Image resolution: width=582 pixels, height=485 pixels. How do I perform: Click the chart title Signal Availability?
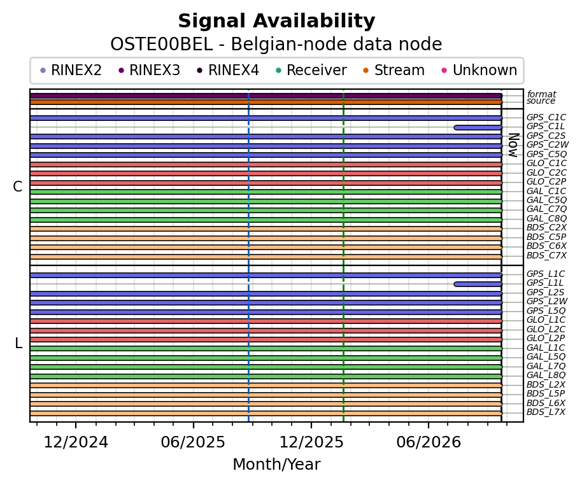click(276, 21)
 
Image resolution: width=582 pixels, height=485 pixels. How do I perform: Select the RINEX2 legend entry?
click(71, 70)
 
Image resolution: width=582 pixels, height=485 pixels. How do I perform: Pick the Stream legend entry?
click(394, 70)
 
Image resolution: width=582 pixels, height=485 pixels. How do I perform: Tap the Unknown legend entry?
click(479, 70)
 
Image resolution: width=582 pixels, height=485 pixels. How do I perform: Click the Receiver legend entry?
click(311, 70)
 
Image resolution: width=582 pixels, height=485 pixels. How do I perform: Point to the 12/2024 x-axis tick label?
click(76, 442)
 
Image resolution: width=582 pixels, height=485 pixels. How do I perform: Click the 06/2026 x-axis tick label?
click(429, 442)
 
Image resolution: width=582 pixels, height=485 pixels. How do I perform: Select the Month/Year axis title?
click(276, 464)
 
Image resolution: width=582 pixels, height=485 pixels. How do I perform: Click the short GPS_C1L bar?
click(478, 128)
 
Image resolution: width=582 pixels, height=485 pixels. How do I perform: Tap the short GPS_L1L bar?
click(478, 285)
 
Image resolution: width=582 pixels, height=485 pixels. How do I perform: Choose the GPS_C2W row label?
click(548, 144)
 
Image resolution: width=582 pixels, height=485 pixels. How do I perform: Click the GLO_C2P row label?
click(546, 181)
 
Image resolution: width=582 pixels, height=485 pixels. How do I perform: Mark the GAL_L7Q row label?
click(546, 366)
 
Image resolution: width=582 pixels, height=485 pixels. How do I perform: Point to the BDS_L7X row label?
click(546, 412)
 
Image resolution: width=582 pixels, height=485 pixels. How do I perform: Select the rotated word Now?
click(513, 145)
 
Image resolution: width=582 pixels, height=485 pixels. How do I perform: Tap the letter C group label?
click(17, 186)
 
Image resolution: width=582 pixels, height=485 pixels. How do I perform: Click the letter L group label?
click(18, 344)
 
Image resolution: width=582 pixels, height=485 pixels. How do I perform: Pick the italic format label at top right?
click(541, 94)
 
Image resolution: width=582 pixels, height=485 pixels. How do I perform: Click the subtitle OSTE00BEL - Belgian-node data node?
click(276, 45)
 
